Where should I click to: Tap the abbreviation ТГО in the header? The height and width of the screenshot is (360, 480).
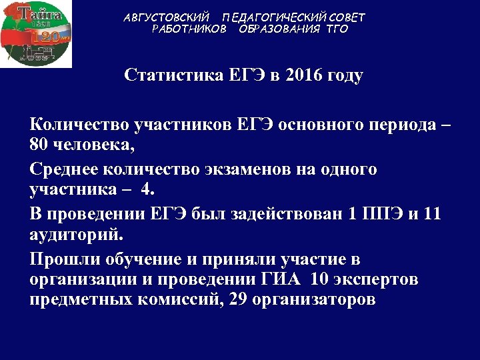tap(337, 29)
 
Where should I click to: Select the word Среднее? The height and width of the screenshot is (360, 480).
tap(63, 169)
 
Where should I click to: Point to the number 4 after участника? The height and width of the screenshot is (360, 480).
tap(147, 191)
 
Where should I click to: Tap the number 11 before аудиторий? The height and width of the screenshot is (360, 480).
tap(432, 215)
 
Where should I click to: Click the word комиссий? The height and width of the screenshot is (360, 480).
tap(175, 301)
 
